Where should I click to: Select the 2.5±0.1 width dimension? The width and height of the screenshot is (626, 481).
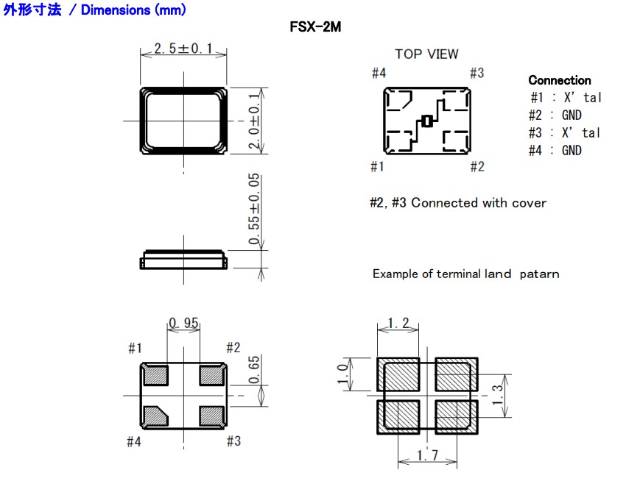point(183,49)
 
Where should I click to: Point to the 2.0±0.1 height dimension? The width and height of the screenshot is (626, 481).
point(255,121)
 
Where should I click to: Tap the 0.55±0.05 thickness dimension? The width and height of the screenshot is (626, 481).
point(255,212)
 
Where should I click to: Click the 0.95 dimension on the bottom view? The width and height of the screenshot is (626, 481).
point(183,323)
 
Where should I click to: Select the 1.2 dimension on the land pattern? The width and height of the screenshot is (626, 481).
point(398,323)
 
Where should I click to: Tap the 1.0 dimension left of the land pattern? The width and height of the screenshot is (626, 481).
point(341,374)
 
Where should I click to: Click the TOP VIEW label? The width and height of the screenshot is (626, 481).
point(426,54)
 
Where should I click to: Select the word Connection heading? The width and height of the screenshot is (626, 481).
point(559,80)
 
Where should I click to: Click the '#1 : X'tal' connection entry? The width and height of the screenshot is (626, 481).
point(564,97)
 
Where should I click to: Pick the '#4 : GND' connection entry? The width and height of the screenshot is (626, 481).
point(555,150)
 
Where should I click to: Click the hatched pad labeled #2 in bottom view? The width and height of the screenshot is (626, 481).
point(212,374)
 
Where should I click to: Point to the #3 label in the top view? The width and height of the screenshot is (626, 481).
point(476,73)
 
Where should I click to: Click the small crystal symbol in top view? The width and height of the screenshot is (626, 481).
point(426,121)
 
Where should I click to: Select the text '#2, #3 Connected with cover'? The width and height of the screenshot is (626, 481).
point(457,202)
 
